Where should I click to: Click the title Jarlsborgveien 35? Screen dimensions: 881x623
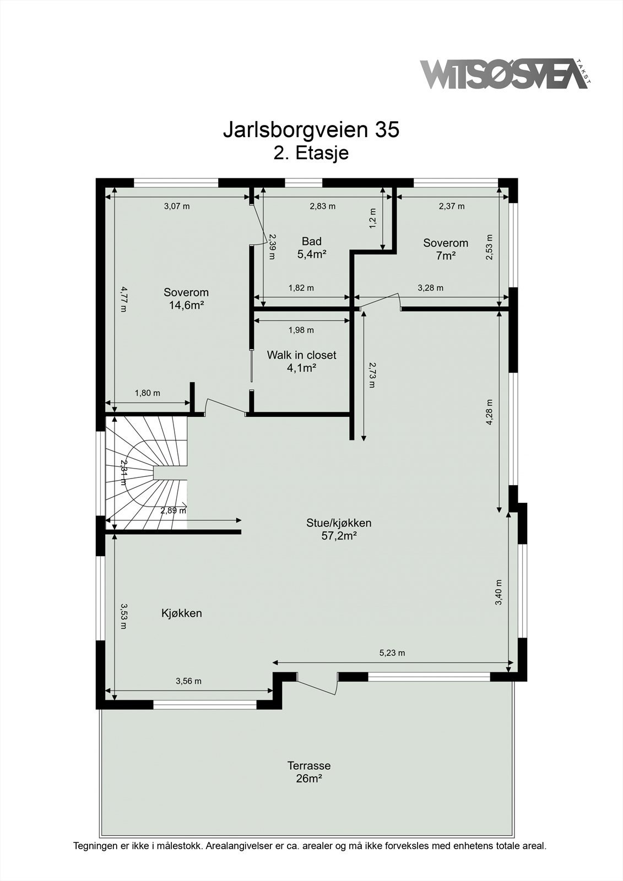pyautogui.click(x=311, y=130)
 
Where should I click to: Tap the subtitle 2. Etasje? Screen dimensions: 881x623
pyautogui.click(x=311, y=153)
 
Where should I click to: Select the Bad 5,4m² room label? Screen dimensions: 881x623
pyautogui.click(x=312, y=248)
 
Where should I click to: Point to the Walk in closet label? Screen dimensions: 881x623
pyautogui.click(x=301, y=361)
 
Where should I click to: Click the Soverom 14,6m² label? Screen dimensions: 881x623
pyautogui.click(x=186, y=299)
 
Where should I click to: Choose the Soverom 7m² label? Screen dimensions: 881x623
pyautogui.click(x=446, y=249)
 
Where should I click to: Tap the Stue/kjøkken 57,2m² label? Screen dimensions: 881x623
pyautogui.click(x=339, y=529)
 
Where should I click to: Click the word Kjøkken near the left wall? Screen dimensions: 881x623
pyautogui.click(x=181, y=613)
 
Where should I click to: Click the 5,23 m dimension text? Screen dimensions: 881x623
pyautogui.click(x=392, y=653)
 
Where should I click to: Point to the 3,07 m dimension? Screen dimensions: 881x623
pyautogui.click(x=177, y=206)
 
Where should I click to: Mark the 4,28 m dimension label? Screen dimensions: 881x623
pyautogui.click(x=489, y=412)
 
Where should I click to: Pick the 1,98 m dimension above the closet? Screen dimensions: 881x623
pyautogui.click(x=301, y=330)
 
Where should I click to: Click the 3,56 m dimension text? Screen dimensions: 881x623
pyautogui.click(x=188, y=681)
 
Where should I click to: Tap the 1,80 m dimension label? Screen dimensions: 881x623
pyautogui.click(x=148, y=393)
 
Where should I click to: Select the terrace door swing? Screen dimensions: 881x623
pyautogui.click(x=317, y=685)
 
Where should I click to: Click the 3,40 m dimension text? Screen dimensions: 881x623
pyautogui.click(x=499, y=592)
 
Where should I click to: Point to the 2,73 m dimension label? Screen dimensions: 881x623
pyautogui.click(x=372, y=374)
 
